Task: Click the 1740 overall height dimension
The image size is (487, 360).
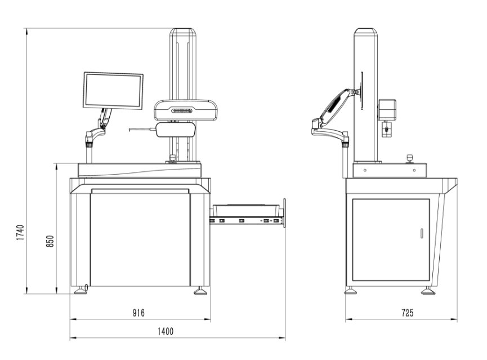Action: click(19, 233)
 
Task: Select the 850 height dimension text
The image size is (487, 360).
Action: click(50, 241)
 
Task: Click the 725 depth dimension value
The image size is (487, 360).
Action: click(402, 313)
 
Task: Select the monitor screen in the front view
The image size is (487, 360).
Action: click(113, 90)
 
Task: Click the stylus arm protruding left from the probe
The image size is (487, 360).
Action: click(141, 129)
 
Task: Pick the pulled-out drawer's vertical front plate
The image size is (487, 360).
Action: click(285, 213)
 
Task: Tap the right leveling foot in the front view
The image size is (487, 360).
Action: click(200, 291)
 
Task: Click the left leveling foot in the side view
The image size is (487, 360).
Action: click(350, 291)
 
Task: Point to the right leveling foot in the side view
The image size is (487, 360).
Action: click(427, 291)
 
